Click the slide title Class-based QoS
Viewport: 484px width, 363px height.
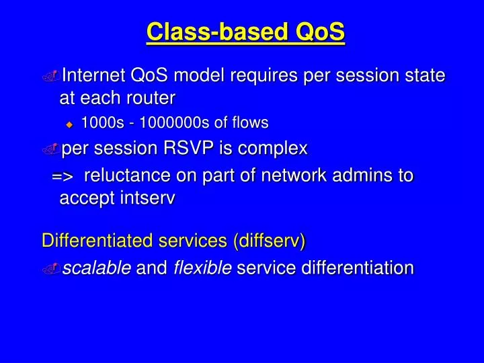(x=245, y=32)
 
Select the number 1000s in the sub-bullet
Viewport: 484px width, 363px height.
(x=99, y=122)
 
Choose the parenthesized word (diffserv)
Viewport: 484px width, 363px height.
(x=269, y=241)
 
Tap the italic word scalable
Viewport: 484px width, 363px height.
(x=96, y=268)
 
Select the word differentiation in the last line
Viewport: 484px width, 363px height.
(x=358, y=268)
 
